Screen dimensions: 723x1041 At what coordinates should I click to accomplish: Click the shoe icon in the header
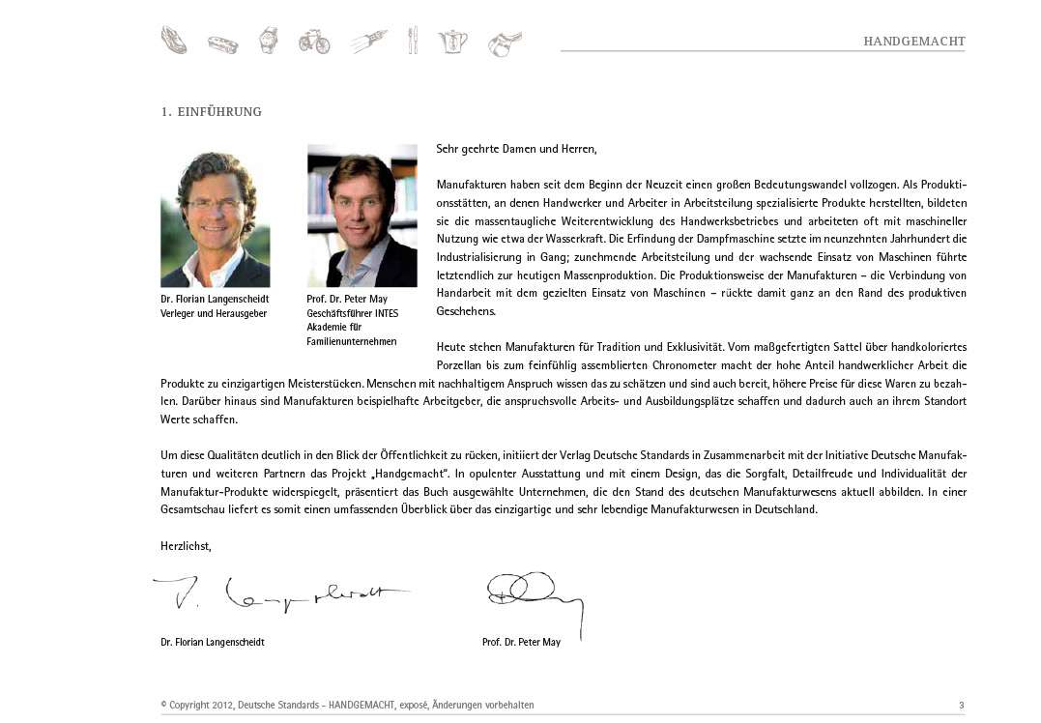174,41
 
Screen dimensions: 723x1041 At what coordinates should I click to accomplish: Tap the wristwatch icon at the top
268,41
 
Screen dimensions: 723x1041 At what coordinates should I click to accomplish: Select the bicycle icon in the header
314,41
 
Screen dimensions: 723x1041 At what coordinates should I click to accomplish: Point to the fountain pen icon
367,41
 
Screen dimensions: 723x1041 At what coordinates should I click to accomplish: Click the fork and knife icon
413,41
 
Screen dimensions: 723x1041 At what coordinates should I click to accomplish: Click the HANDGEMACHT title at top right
913,42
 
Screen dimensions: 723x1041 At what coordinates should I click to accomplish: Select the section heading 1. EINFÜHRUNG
211,112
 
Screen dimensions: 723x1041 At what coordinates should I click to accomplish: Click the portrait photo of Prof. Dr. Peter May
361,216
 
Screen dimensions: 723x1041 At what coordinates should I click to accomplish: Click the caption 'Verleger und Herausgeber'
214,314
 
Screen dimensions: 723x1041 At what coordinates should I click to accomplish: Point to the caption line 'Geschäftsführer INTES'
352,314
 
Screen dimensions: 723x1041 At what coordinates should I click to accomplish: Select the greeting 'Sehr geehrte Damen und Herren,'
516,149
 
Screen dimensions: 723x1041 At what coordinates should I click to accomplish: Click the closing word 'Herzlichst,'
186,546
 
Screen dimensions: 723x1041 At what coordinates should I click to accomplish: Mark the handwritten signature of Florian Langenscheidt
280,595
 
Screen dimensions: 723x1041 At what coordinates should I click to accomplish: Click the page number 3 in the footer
961,706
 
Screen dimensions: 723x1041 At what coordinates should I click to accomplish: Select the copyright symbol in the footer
163,706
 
